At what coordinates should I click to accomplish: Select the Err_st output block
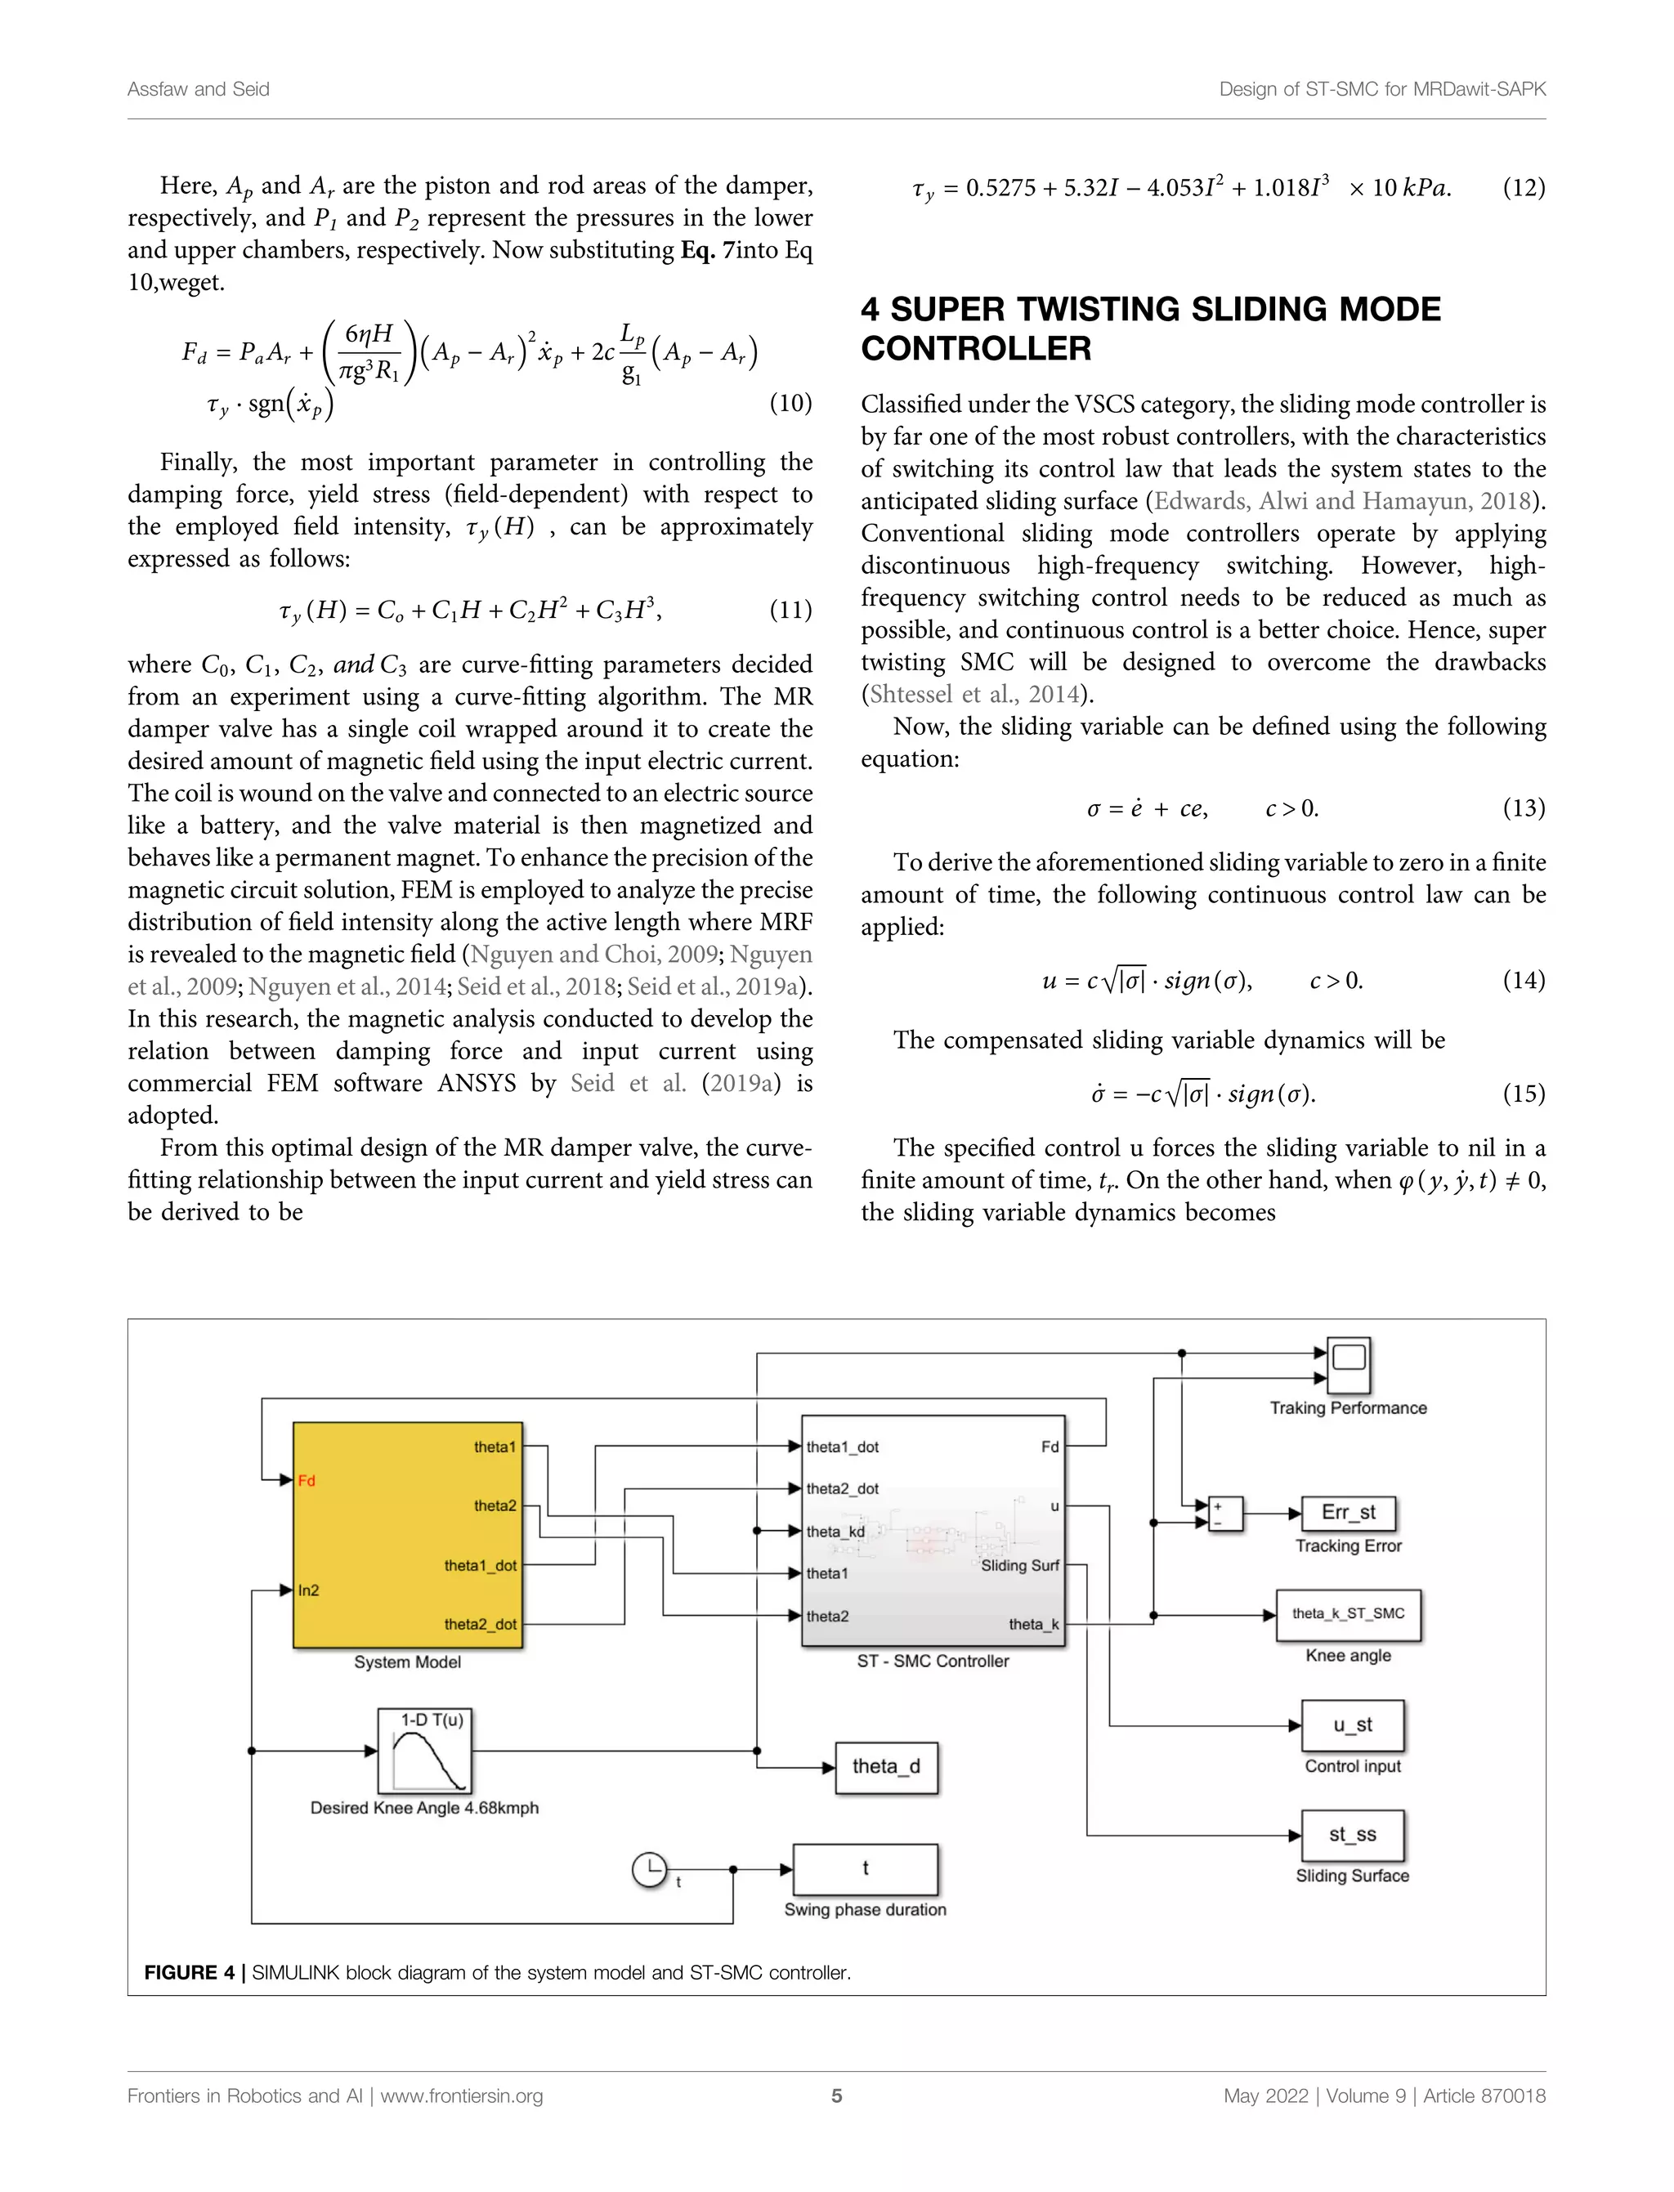[x=1348, y=1513]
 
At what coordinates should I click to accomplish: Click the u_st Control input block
[x=1352, y=1725]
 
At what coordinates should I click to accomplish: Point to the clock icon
[x=650, y=1869]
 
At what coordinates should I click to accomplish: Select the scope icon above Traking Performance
[x=1349, y=1364]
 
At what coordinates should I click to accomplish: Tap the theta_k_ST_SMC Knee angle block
[x=1348, y=1614]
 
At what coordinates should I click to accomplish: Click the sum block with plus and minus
[x=1224, y=1514]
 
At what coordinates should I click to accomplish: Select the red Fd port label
[x=307, y=1481]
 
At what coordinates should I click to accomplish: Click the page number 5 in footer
[x=837, y=2096]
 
